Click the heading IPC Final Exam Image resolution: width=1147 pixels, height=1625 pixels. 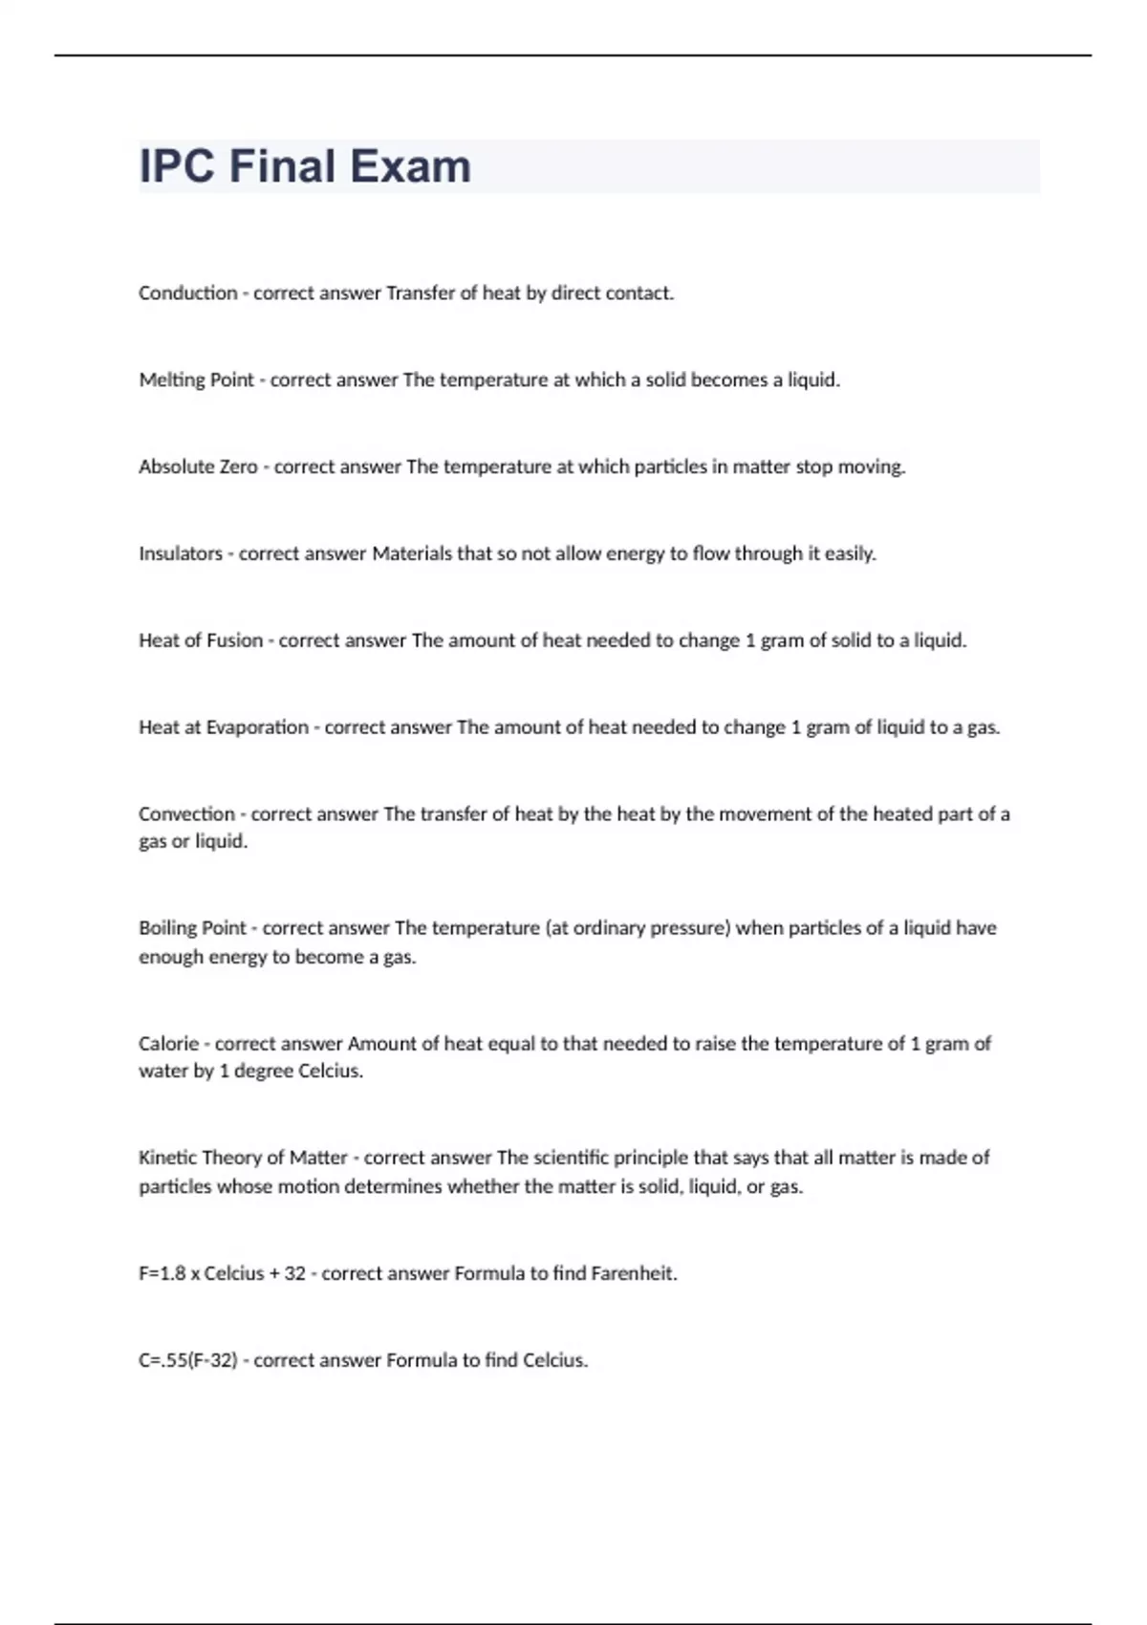pos(305,166)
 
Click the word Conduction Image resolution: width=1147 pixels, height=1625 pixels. pos(187,293)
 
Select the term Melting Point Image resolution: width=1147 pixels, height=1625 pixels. pos(196,380)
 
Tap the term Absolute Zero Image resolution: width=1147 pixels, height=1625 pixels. pos(198,467)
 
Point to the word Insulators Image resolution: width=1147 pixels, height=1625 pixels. pos(180,553)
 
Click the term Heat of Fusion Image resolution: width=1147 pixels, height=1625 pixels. pos(200,640)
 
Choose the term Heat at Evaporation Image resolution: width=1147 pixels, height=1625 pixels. pos(223,727)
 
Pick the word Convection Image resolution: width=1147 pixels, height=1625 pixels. pos(186,814)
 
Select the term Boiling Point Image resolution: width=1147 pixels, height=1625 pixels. pos(192,928)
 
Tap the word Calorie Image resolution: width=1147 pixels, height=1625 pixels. pos(168,1044)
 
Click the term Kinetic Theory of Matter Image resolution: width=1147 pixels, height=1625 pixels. pos(243,1158)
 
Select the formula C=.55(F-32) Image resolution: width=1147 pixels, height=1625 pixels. pos(187,1360)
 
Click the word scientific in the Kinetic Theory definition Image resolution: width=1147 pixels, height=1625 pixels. pos(571,1158)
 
